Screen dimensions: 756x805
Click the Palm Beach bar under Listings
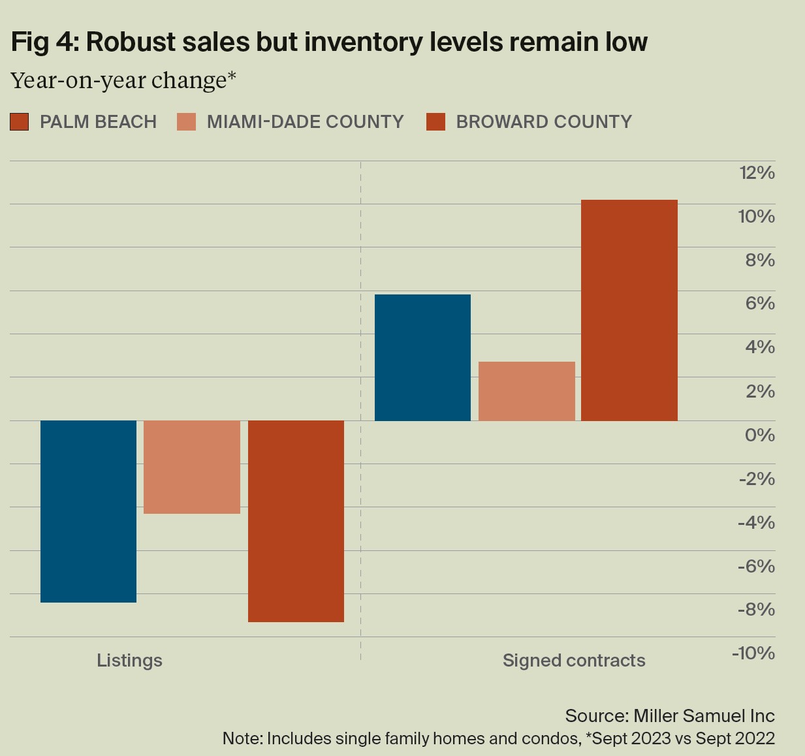pos(88,511)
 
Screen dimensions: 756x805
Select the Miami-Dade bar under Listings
pos(192,467)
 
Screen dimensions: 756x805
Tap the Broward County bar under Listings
pos(296,521)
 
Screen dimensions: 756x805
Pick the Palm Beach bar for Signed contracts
pos(422,357)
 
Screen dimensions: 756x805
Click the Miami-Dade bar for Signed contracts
pos(527,391)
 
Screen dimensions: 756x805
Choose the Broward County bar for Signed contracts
pos(629,310)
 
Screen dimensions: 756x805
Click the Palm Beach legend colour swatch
pos(20,122)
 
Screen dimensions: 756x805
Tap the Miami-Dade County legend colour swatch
pos(186,122)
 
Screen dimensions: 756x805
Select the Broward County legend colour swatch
pos(435,122)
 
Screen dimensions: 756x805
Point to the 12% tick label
pos(757,173)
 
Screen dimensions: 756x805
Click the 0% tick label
pos(760,435)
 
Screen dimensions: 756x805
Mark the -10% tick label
pos(753,653)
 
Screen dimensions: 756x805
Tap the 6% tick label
pos(760,304)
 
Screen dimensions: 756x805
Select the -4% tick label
pos(757,522)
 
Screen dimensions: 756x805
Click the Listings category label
pos(129,661)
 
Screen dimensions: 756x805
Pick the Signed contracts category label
pos(574,661)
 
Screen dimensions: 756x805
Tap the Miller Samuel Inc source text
pos(704,716)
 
